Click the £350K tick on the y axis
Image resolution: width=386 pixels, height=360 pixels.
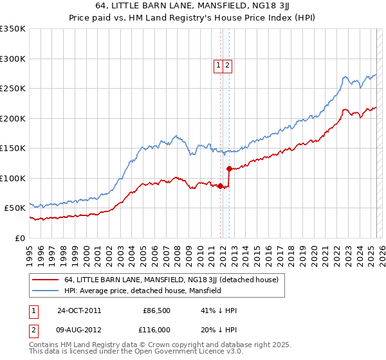point(13,29)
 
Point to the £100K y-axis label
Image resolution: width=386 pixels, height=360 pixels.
point(13,178)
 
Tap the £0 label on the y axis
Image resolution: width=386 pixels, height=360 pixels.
point(19,238)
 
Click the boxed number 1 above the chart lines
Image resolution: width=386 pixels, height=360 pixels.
point(219,64)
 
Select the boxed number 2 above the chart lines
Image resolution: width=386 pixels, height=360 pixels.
point(228,64)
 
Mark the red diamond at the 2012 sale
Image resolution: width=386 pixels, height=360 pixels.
point(229,169)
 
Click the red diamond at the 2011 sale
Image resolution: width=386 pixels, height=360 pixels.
point(220,186)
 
